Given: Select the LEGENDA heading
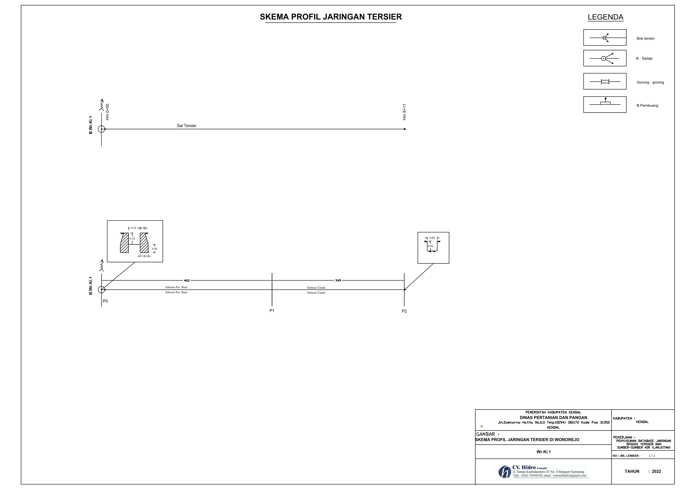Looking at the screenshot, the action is click(x=605, y=17).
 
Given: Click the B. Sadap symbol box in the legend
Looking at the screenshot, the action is click(x=605, y=58).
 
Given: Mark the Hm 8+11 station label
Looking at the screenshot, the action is click(x=404, y=112).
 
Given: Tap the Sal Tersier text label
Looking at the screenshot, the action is click(x=186, y=126).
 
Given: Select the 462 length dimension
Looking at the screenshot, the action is click(x=187, y=280).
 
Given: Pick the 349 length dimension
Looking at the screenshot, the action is click(x=338, y=280).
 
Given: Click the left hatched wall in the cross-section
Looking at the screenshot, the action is click(x=124, y=243).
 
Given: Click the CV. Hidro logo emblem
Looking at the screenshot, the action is click(x=504, y=472).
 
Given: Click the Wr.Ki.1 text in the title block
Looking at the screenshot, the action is click(x=544, y=452).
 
